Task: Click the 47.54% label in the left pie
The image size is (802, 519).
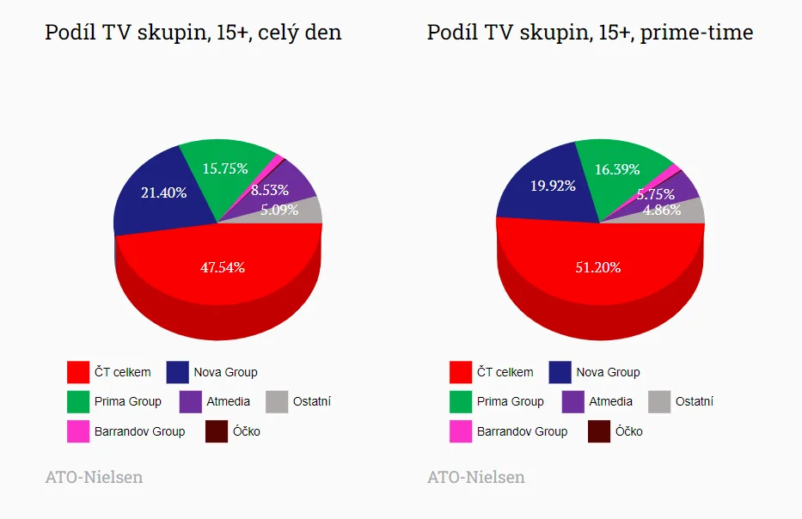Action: [223, 267]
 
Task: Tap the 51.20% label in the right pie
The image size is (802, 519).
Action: [598, 267]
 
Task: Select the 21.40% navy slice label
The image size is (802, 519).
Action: [164, 192]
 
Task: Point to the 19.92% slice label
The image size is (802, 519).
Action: [553, 186]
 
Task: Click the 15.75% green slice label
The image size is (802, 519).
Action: [225, 168]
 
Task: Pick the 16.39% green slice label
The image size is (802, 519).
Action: [618, 169]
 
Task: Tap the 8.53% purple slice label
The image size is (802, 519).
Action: [270, 189]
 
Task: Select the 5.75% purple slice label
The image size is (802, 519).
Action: [656, 194]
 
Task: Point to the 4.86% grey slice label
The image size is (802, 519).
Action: [663, 209]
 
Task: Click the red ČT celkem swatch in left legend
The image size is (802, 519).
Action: [78, 372]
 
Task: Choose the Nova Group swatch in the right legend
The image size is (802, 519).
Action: [560, 372]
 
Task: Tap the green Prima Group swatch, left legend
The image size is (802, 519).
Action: [78, 401]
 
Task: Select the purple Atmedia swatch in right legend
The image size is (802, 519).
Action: [573, 401]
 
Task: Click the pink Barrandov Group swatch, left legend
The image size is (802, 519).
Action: [78, 431]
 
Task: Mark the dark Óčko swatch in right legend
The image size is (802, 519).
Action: [599, 431]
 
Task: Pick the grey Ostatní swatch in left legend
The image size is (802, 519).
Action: [277, 401]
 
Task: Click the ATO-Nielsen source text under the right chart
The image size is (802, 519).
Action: [476, 477]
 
